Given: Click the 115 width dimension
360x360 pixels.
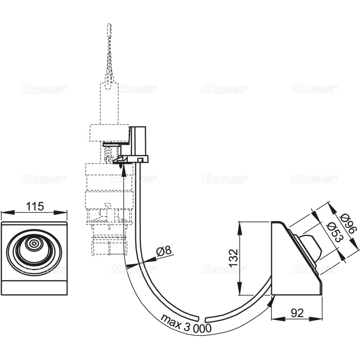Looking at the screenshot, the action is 35,206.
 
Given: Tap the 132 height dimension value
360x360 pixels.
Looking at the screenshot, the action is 234,257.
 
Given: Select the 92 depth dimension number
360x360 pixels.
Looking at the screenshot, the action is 297,313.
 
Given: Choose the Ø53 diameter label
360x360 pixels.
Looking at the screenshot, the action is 334,232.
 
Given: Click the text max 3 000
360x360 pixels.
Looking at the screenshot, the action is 186,324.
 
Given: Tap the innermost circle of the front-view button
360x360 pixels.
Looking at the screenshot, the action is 34,243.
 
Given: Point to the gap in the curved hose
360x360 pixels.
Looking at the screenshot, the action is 201,319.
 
